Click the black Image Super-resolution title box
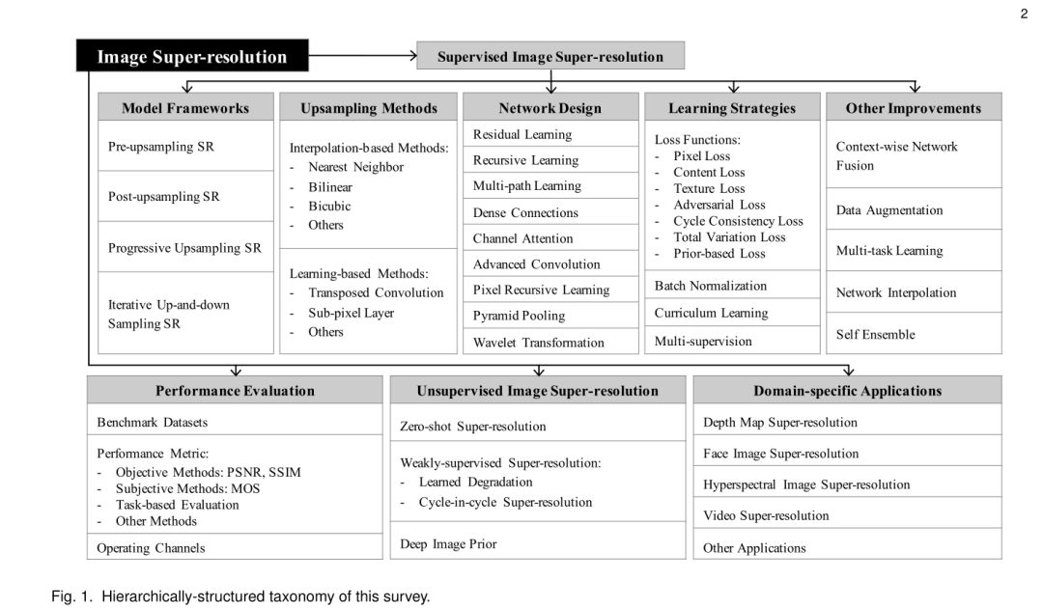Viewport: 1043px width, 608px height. click(192, 56)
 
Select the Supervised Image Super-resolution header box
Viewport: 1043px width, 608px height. click(550, 56)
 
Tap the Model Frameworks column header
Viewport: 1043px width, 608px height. click(185, 108)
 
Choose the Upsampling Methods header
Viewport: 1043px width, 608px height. click(368, 108)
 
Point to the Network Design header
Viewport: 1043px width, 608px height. click(550, 108)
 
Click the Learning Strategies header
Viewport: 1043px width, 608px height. click(732, 108)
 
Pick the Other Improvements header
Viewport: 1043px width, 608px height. click(913, 108)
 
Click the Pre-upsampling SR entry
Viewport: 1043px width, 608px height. click(161, 147)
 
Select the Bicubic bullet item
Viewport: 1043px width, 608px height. click(329, 206)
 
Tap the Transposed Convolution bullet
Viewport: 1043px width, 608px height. click(376, 292)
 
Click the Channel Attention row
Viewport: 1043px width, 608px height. click(522, 238)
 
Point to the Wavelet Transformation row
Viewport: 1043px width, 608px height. click(538, 342)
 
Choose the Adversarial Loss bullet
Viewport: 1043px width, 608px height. click(719, 205)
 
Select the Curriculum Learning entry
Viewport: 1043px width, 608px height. click(711, 313)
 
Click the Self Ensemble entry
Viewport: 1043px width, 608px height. click(875, 334)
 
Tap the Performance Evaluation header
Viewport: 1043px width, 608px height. click(235, 391)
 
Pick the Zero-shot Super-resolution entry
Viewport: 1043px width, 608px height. click(472, 426)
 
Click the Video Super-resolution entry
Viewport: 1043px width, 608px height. click(766, 515)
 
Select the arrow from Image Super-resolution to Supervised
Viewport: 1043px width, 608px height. click(362, 55)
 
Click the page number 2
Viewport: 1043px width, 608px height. click(1024, 13)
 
